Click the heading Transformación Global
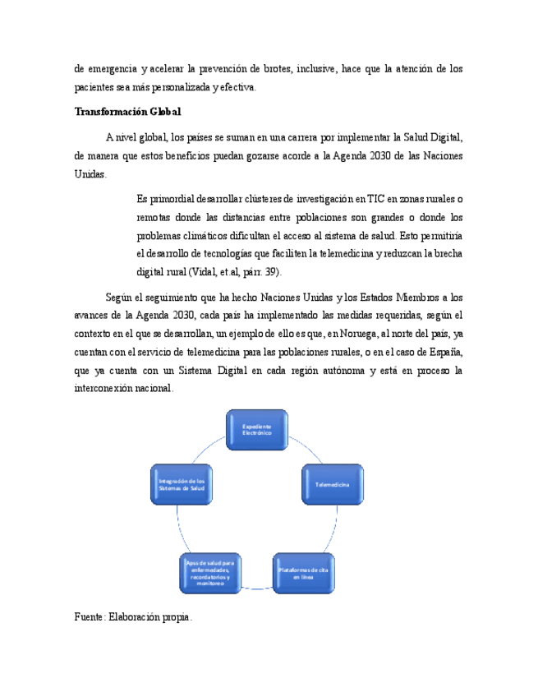click(127, 112)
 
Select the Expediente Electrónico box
click(256, 430)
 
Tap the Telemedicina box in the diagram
click(333, 487)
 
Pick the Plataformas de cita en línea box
click(303, 574)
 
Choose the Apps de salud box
click(211, 573)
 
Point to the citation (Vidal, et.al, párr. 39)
click(234, 272)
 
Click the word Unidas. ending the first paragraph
click(90, 174)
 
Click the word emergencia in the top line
click(115, 68)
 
